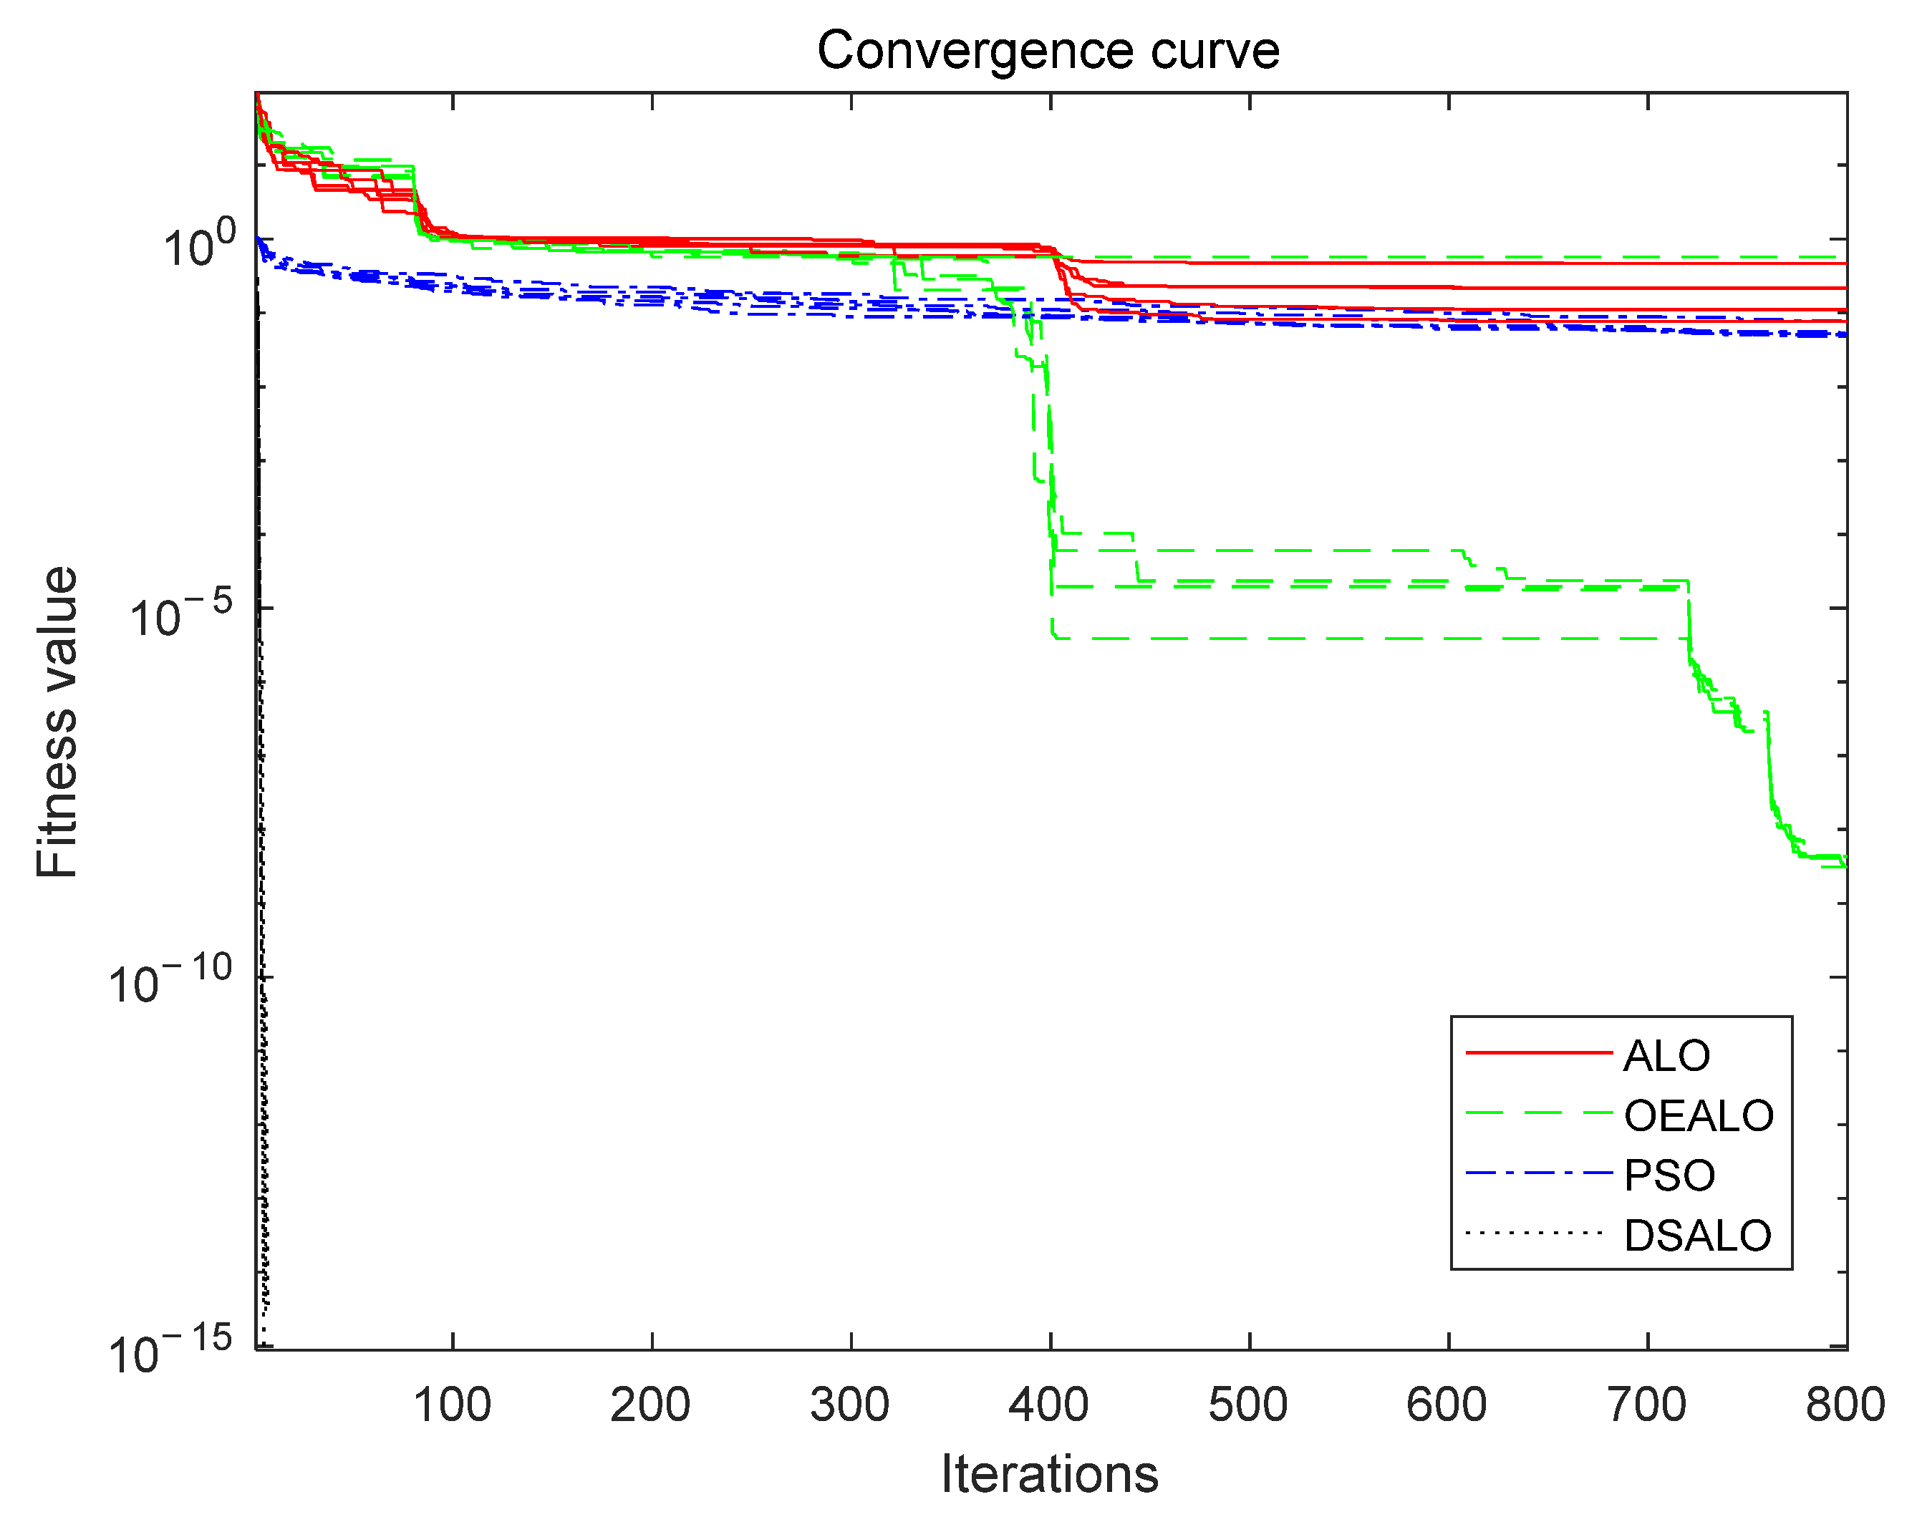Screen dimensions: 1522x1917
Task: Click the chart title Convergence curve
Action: (x=1048, y=51)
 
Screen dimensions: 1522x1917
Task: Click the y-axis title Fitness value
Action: (x=57, y=722)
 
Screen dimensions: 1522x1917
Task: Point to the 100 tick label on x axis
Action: (x=452, y=1405)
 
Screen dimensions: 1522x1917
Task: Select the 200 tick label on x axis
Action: (x=651, y=1405)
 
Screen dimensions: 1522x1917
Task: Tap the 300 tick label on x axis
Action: (x=850, y=1405)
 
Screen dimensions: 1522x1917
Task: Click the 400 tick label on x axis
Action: (x=1049, y=1405)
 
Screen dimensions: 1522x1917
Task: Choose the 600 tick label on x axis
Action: (x=1447, y=1405)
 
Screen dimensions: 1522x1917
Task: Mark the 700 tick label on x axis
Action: (x=1647, y=1405)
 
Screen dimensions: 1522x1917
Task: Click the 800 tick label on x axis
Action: (x=1846, y=1405)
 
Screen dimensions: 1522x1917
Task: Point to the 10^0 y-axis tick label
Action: (x=199, y=246)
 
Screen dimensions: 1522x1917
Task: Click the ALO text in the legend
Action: (x=1666, y=1056)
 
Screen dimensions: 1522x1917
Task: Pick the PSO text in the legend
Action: (x=1669, y=1176)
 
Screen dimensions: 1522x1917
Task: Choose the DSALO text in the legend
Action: (x=1697, y=1236)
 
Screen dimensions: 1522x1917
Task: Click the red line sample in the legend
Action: (x=1538, y=1054)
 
